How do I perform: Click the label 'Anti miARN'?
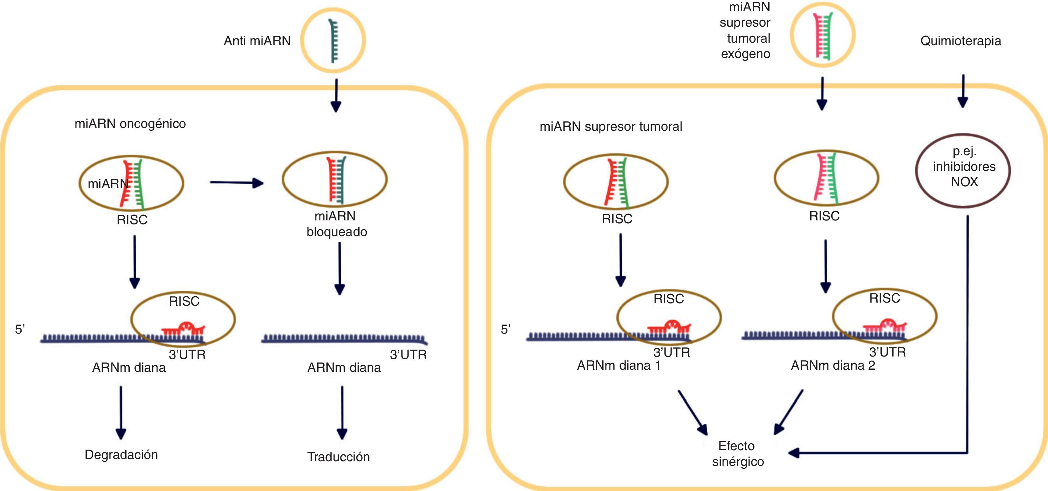(x=257, y=41)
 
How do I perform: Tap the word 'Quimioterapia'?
(x=961, y=41)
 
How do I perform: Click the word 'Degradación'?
(x=121, y=455)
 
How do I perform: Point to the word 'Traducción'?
(x=339, y=457)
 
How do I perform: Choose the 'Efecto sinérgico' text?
(x=738, y=454)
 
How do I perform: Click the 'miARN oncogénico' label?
(x=130, y=124)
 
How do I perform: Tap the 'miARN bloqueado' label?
(x=336, y=224)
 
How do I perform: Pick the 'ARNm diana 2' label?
(x=833, y=366)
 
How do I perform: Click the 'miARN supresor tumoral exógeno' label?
(x=746, y=30)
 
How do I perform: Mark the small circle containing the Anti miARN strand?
(x=333, y=40)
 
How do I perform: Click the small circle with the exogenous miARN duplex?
(x=822, y=36)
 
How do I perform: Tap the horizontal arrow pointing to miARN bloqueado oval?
(x=236, y=183)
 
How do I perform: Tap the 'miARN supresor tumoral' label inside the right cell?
(x=611, y=127)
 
